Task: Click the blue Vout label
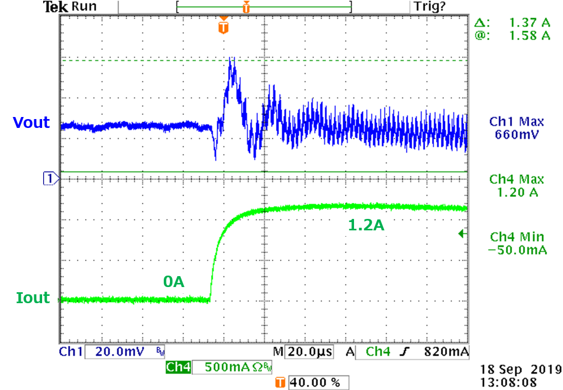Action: point(31,123)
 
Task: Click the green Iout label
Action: point(33,298)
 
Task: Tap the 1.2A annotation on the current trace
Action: point(366,226)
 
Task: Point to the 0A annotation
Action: point(174,282)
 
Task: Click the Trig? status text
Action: point(429,7)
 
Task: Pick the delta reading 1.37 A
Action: point(529,23)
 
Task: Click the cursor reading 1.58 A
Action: point(529,35)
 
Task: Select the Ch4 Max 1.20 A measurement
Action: point(516,186)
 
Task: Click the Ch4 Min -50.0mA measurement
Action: point(517,243)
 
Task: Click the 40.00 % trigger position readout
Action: point(315,383)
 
